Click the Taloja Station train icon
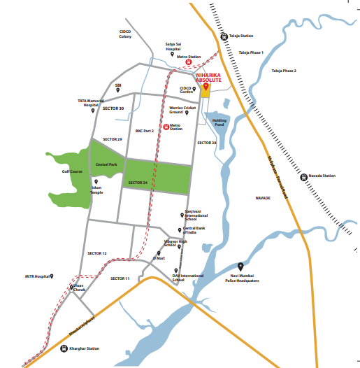tap(224, 36)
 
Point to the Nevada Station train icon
tap(303, 176)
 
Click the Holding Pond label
tap(220, 122)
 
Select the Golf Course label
tap(71, 171)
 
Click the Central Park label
tap(106, 164)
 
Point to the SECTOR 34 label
tap(138, 182)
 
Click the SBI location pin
tap(117, 90)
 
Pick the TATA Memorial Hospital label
tap(91, 103)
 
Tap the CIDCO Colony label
tap(125, 34)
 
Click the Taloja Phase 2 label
tap(284, 71)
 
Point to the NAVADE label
tap(263, 199)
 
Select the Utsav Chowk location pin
tap(71, 286)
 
